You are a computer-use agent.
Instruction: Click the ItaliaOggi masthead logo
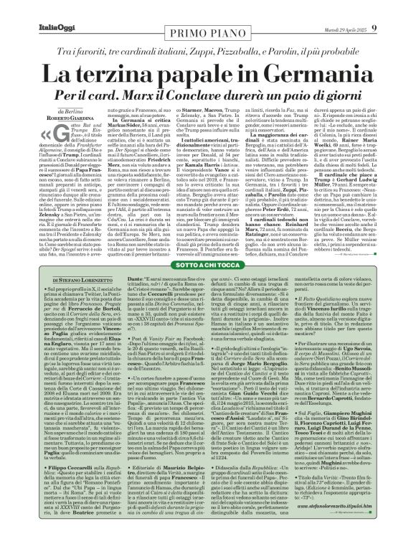[34, 9]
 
